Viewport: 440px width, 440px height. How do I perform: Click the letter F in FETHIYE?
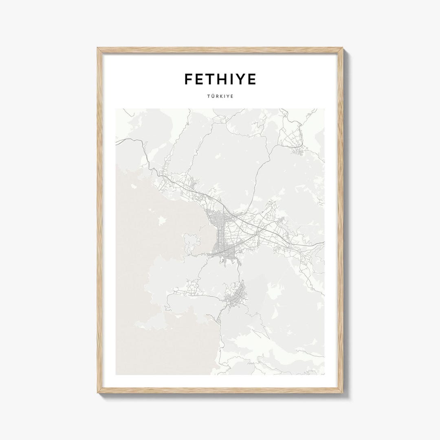tap(189, 79)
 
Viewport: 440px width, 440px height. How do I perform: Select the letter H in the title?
tap(225, 79)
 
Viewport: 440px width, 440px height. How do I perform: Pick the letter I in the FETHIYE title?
tap(234, 79)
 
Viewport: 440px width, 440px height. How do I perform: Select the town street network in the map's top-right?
tap(295, 141)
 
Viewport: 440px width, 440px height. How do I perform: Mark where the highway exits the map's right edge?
tap(324, 243)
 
